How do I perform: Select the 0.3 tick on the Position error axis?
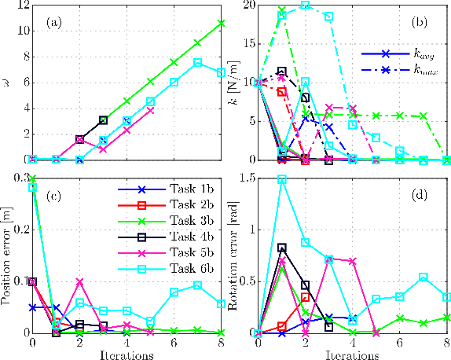(17, 179)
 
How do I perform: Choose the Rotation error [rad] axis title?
(233, 255)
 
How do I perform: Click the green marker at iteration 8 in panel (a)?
(222, 23)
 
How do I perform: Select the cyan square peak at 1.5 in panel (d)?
(282, 179)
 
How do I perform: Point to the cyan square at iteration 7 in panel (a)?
(198, 62)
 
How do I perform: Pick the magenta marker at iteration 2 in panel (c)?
(79, 281)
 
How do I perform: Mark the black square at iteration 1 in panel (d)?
(282, 248)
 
